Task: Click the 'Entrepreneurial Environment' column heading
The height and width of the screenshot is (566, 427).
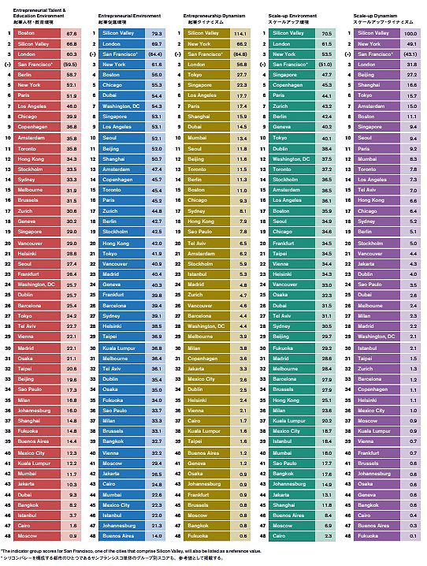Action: pyautogui.click(x=128, y=15)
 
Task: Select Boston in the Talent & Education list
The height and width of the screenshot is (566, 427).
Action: pyautogui.click(x=26, y=34)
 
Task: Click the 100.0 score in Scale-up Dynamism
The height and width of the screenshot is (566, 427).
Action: pyautogui.click(x=409, y=34)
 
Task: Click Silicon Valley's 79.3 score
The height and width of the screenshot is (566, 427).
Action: pyautogui.click(x=157, y=34)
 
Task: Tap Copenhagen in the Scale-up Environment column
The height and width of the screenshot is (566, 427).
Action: pyautogui.click(x=288, y=85)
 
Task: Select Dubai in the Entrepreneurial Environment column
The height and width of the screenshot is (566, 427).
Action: pyautogui.click(x=110, y=95)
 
